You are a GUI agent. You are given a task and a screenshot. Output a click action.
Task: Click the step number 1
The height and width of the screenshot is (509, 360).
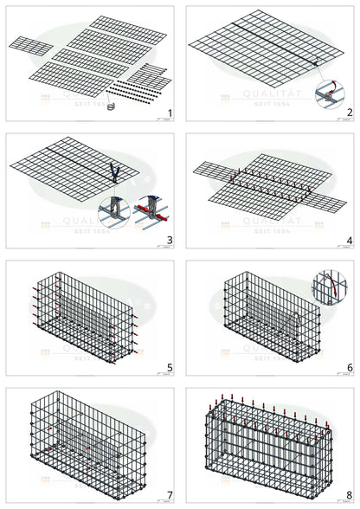[170, 113]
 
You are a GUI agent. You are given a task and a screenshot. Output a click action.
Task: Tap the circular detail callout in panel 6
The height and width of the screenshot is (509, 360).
[330, 287]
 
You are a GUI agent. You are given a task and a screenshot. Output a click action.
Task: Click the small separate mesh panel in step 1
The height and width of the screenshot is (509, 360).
[31, 46]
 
